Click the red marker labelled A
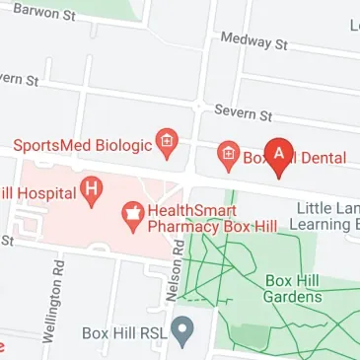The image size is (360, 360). pyautogui.click(x=279, y=155)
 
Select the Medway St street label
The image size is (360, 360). pyautogui.click(x=253, y=40)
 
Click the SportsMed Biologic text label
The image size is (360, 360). pyautogui.click(x=83, y=145)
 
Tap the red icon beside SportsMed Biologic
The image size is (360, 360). pyautogui.click(x=167, y=145)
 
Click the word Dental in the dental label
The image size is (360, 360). pyautogui.click(x=323, y=156)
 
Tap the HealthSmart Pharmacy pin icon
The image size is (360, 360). pyautogui.click(x=130, y=212)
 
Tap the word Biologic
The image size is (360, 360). pyautogui.click(x=125, y=145)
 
